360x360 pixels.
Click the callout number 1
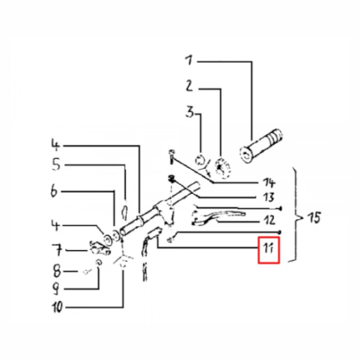pos(189,60)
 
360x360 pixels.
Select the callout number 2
pos(190,86)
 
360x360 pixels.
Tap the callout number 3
pos(190,112)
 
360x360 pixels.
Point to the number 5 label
pos(56,164)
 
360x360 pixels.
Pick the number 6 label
pos(54,191)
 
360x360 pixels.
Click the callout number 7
pos(57,250)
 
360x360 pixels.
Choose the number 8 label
pos(57,271)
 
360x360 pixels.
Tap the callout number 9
pos(56,289)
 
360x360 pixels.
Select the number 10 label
pos(57,307)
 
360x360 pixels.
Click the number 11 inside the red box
pos(268,248)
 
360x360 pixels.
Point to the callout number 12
pos(269,220)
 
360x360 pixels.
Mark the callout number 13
pos(269,197)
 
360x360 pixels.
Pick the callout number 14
pos(269,183)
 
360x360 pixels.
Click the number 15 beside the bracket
pos(314,218)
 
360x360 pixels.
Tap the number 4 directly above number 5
pos(55,145)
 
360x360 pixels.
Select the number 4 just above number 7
pos(55,225)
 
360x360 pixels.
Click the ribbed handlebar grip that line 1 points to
pos(261,146)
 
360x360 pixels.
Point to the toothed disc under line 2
pos(222,168)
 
